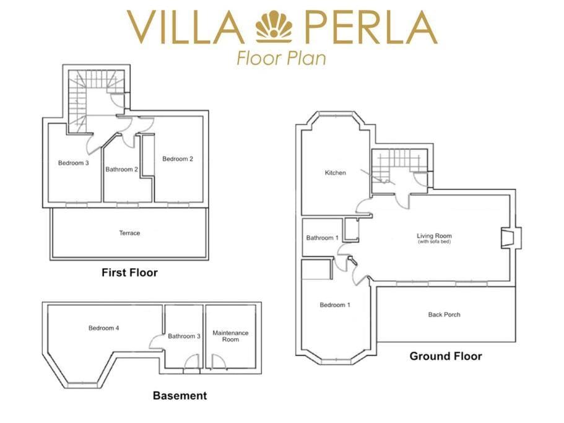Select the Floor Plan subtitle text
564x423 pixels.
(281, 58)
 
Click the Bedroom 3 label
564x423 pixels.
(74, 163)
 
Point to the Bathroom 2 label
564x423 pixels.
(121, 169)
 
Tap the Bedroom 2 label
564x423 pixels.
(178, 159)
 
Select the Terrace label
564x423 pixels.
(129, 233)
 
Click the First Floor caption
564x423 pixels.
(129, 273)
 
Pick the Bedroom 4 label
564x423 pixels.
(103, 328)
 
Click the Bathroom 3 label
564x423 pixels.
(184, 336)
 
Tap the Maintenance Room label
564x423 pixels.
(230, 336)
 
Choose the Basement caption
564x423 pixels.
(180, 396)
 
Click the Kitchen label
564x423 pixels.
(335, 173)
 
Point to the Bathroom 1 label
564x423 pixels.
(322, 238)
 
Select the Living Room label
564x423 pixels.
(434, 237)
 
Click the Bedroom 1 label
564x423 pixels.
(335, 305)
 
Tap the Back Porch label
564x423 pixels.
(444, 315)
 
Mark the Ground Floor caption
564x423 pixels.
(445, 356)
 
